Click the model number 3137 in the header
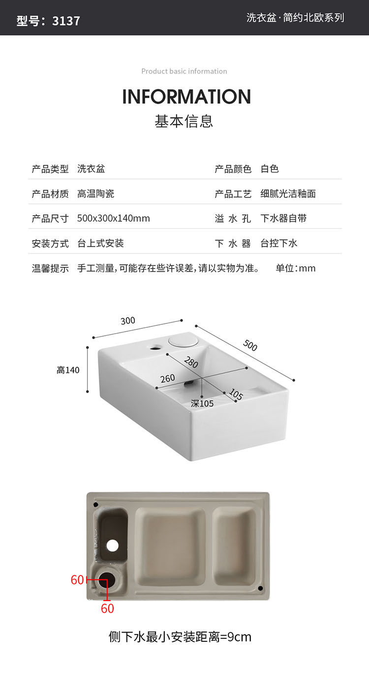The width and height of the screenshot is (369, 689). point(66,21)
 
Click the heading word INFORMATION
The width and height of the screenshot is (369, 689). point(186,97)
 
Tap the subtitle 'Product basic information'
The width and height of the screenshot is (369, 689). point(184,71)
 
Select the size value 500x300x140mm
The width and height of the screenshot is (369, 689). point(114,218)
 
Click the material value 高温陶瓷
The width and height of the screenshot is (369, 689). point(96,194)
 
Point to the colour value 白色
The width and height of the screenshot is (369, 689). point(270,169)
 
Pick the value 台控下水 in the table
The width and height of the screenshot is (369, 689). point(279,243)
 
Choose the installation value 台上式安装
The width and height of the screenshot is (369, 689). point(100,243)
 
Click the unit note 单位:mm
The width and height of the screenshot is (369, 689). point(295,268)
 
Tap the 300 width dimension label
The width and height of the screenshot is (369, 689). point(127,321)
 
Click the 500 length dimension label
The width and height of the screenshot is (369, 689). point(250,345)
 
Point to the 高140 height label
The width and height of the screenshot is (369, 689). point(68,370)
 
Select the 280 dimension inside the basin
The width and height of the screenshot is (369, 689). point(191,363)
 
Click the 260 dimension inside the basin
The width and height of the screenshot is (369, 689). point(167,378)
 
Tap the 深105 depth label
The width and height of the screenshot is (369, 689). point(202,403)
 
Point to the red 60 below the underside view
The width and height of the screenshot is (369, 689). point(107,608)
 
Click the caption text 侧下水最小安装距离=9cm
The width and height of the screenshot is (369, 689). point(180,637)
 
